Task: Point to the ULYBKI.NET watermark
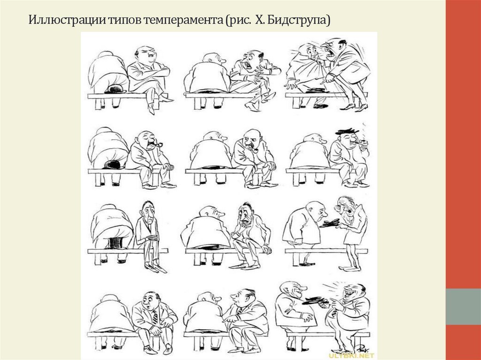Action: point(351,356)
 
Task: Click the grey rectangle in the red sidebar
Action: point(463,306)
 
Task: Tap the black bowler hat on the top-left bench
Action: point(115,89)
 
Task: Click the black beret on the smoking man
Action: point(347,131)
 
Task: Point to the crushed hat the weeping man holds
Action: point(330,223)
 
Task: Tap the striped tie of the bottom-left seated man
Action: point(155,317)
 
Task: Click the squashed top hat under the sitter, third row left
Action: point(116,243)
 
